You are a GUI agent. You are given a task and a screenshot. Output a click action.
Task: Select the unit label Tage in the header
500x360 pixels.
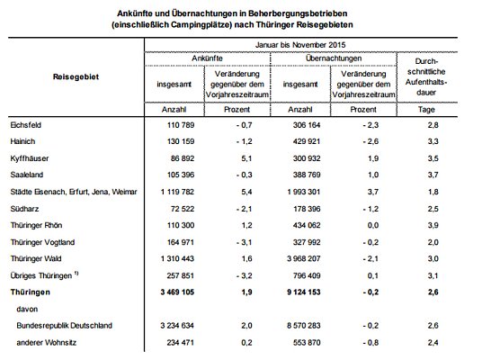click(433, 109)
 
